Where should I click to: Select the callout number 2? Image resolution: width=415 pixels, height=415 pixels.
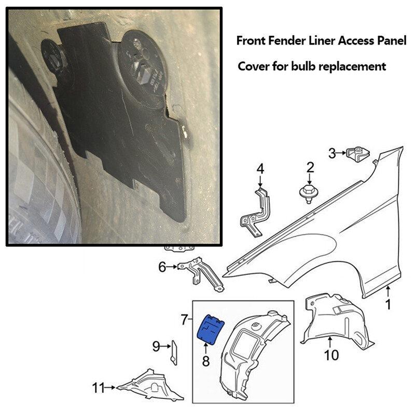tap(310, 167)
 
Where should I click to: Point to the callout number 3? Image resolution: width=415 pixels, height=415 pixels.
tap(333, 153)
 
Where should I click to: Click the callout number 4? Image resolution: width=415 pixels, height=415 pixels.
tap(260, 169)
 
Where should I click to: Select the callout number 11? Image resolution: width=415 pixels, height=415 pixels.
tap(99, 387)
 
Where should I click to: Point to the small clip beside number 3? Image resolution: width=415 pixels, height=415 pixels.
tap(358, 154)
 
